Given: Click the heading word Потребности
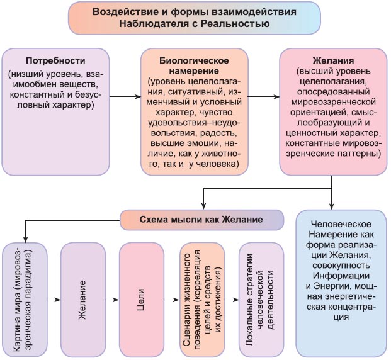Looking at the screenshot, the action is (x=55, y=61).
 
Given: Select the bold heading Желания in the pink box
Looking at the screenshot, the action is (x=333, y=61).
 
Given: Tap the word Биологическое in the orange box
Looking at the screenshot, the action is (x=194, y=61).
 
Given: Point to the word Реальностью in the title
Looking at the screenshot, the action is (x=235, y=24).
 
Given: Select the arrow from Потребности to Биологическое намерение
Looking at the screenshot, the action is (x=125, y=97).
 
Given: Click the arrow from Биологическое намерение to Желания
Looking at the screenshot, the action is (x=264, y=97).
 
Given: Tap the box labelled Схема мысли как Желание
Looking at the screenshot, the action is (x=201, y=220).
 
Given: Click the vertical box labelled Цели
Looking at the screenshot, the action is (x=142, y=300).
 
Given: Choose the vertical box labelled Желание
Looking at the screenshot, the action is (x=83, y=300).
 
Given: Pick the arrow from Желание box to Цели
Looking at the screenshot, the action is (x=112, y=300).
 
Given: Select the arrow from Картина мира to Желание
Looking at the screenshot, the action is (x=54, y=300).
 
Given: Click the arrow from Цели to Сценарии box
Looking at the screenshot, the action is (x=172, y=300).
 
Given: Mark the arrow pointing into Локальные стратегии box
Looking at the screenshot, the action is (x=232, y=300).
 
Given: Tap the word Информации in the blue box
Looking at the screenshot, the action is (x=341, y=276).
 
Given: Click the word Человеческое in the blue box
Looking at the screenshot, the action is (x=341, y=224).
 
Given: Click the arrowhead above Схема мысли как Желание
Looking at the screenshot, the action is (x=204, y=206).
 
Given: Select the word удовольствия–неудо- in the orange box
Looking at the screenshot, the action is (x=194, y=123).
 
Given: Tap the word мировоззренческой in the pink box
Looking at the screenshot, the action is (x=333, y=102).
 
